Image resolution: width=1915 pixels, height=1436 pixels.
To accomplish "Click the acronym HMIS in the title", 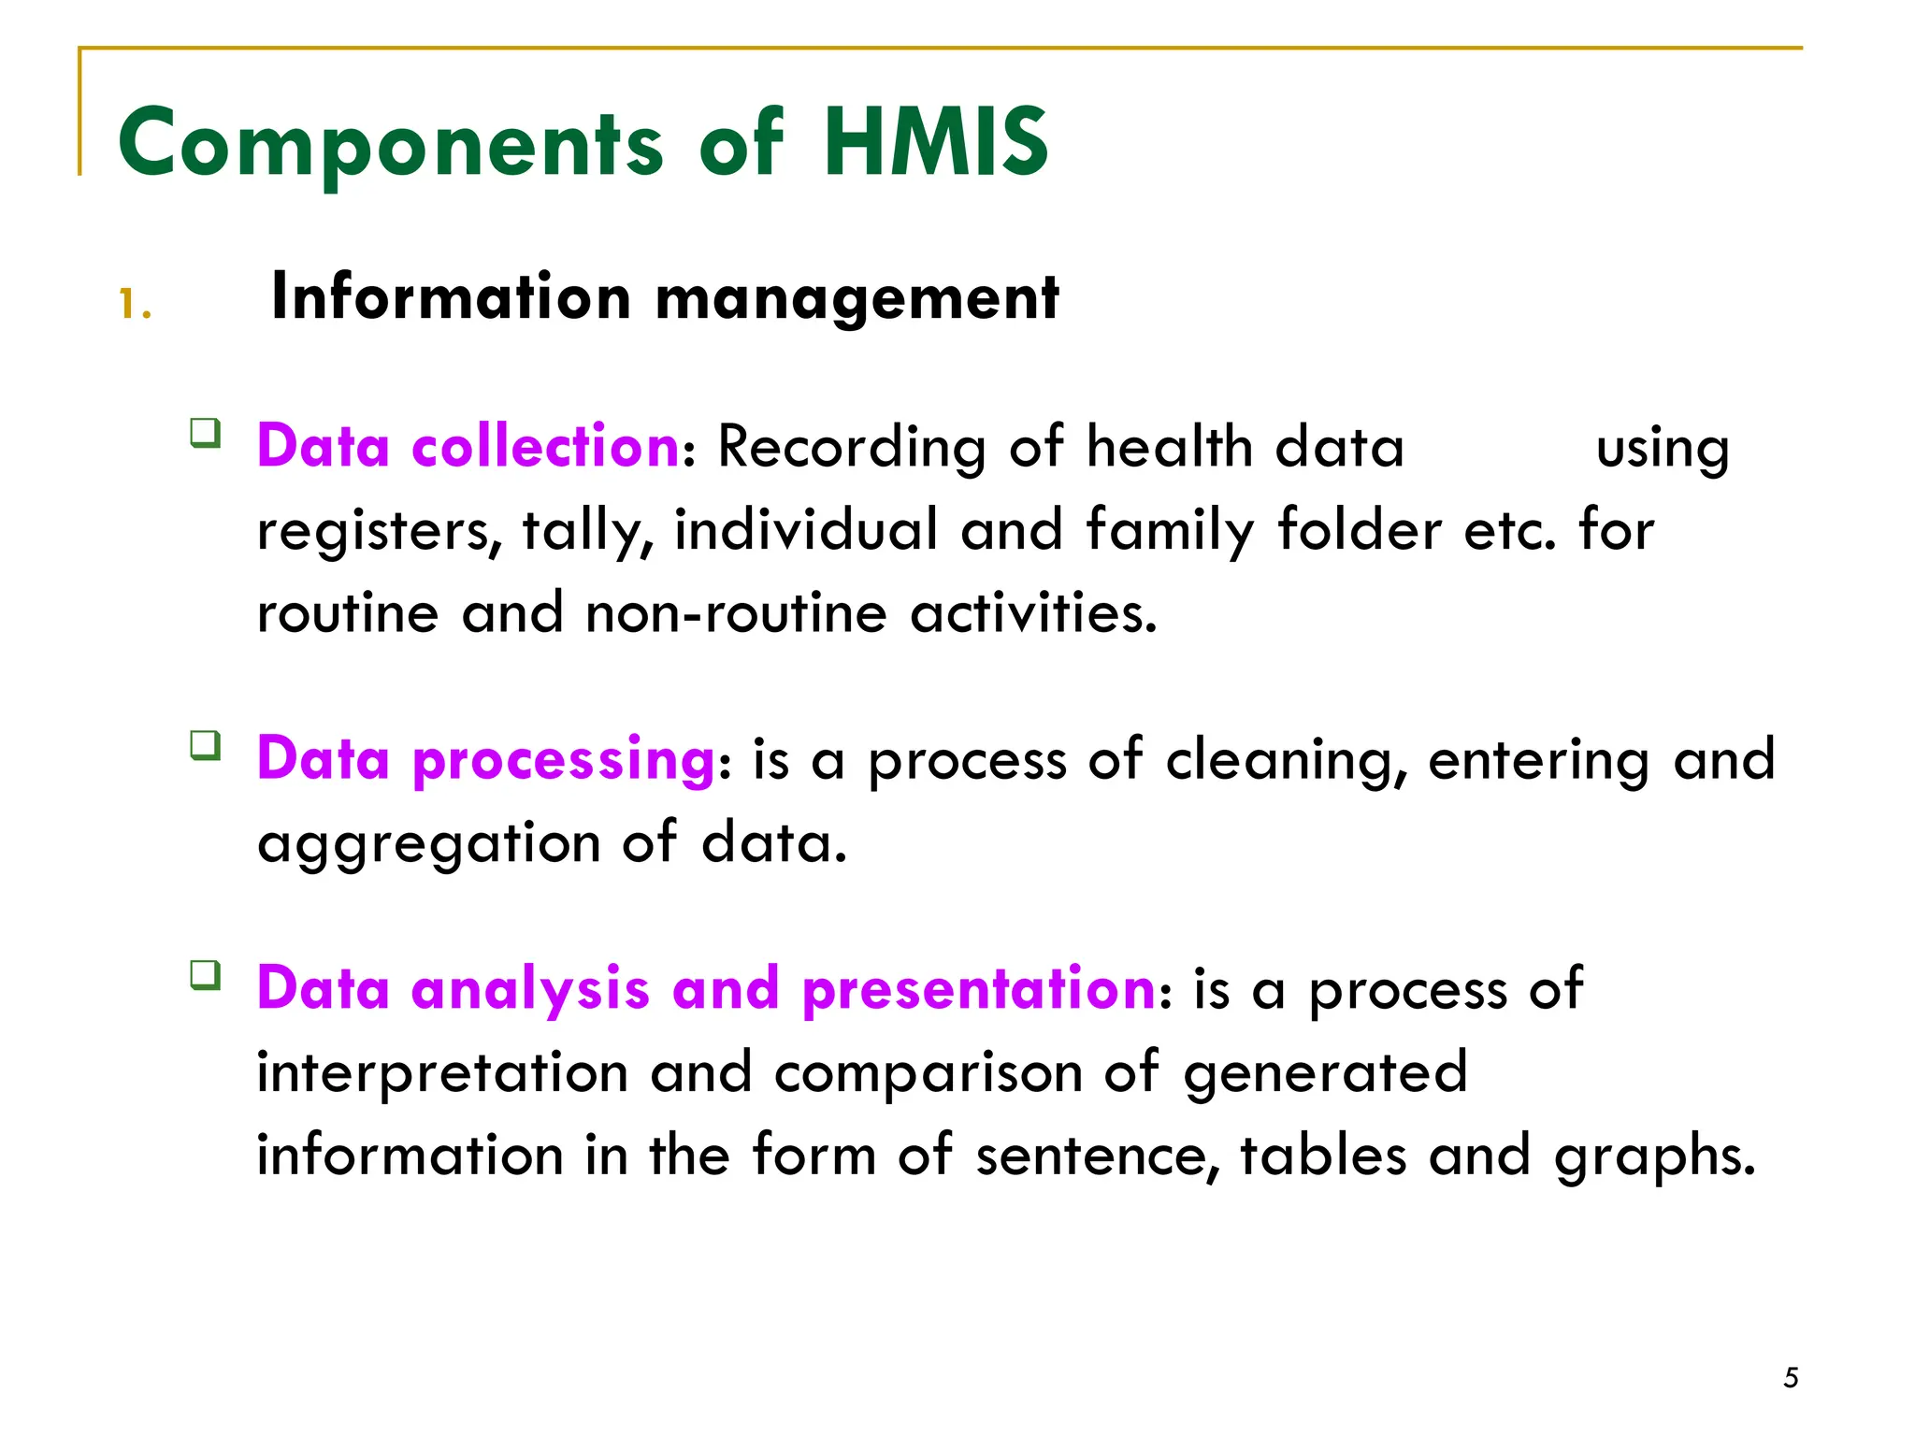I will [936, 142].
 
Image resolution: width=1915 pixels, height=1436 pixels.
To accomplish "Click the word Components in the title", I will [391, 144].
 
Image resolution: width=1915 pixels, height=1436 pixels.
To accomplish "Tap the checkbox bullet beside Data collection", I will [206, 434].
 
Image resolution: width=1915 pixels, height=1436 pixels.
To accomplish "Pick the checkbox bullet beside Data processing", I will [206, 746].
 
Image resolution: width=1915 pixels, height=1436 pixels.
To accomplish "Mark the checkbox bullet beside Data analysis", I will [206, 975].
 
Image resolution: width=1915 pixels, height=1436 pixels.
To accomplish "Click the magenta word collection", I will [545, 446].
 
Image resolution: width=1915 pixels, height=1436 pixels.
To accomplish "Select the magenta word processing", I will [564, 759].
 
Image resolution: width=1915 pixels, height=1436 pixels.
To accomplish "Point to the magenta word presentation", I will [979, 989].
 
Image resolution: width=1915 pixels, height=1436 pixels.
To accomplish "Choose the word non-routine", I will [736, 614].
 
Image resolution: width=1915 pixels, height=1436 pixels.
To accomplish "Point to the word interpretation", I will [442, 1073].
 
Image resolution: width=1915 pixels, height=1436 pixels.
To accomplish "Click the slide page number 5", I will [1791, 1378].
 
